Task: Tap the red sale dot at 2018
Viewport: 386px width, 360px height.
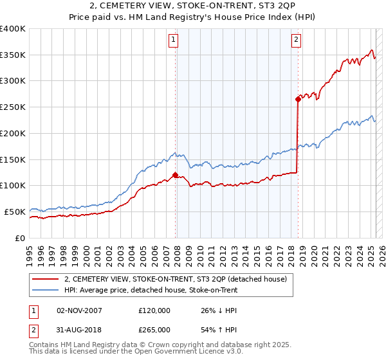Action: (x=299, y=99)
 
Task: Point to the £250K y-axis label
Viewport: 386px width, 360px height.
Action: (x=13, y=107)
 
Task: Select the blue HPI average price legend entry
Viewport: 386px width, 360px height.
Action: (x=151, y=291)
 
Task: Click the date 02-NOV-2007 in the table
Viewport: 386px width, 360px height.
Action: (x=80, y=310)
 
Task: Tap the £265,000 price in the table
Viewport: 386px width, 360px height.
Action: (x=154, y=329)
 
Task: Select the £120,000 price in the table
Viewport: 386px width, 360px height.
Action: (x=154, y=310)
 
